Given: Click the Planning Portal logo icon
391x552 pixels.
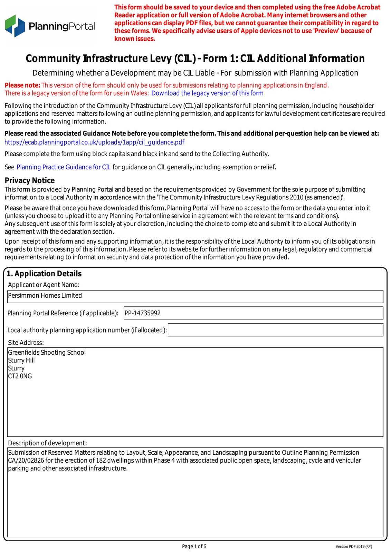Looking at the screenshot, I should (x=15, y=26).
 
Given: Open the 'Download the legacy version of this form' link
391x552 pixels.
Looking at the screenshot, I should (x=207, y=93).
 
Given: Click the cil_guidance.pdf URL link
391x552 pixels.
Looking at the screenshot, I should (x=94, y=142).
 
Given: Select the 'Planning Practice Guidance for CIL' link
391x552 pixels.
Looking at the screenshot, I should (x=64, y=167).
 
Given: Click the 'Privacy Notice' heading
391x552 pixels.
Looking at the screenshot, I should (x=30, y=180).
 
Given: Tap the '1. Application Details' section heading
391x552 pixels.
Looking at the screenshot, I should (x=44, y=274).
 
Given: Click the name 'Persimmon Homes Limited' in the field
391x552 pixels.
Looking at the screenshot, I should (x=45, y=296).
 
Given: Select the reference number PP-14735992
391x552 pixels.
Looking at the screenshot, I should (x=143, y=313).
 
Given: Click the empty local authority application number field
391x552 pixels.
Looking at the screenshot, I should (x=275, y=330).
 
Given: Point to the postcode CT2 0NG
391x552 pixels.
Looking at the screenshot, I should (x=20, y=376).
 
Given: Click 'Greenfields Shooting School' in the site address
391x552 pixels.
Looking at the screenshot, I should (x=47, y=352).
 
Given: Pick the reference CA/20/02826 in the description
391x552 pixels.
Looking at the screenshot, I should (x=26, y=461).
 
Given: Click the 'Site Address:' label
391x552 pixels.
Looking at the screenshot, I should (x=26, y=343).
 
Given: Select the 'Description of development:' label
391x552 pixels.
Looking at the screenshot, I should (x=47, y=443).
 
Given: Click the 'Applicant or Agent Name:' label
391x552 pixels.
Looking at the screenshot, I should (x=44, y=285).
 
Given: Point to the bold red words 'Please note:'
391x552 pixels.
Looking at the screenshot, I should (x=22, y=85).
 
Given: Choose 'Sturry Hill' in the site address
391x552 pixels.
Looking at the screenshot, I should (x=21, y=360).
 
